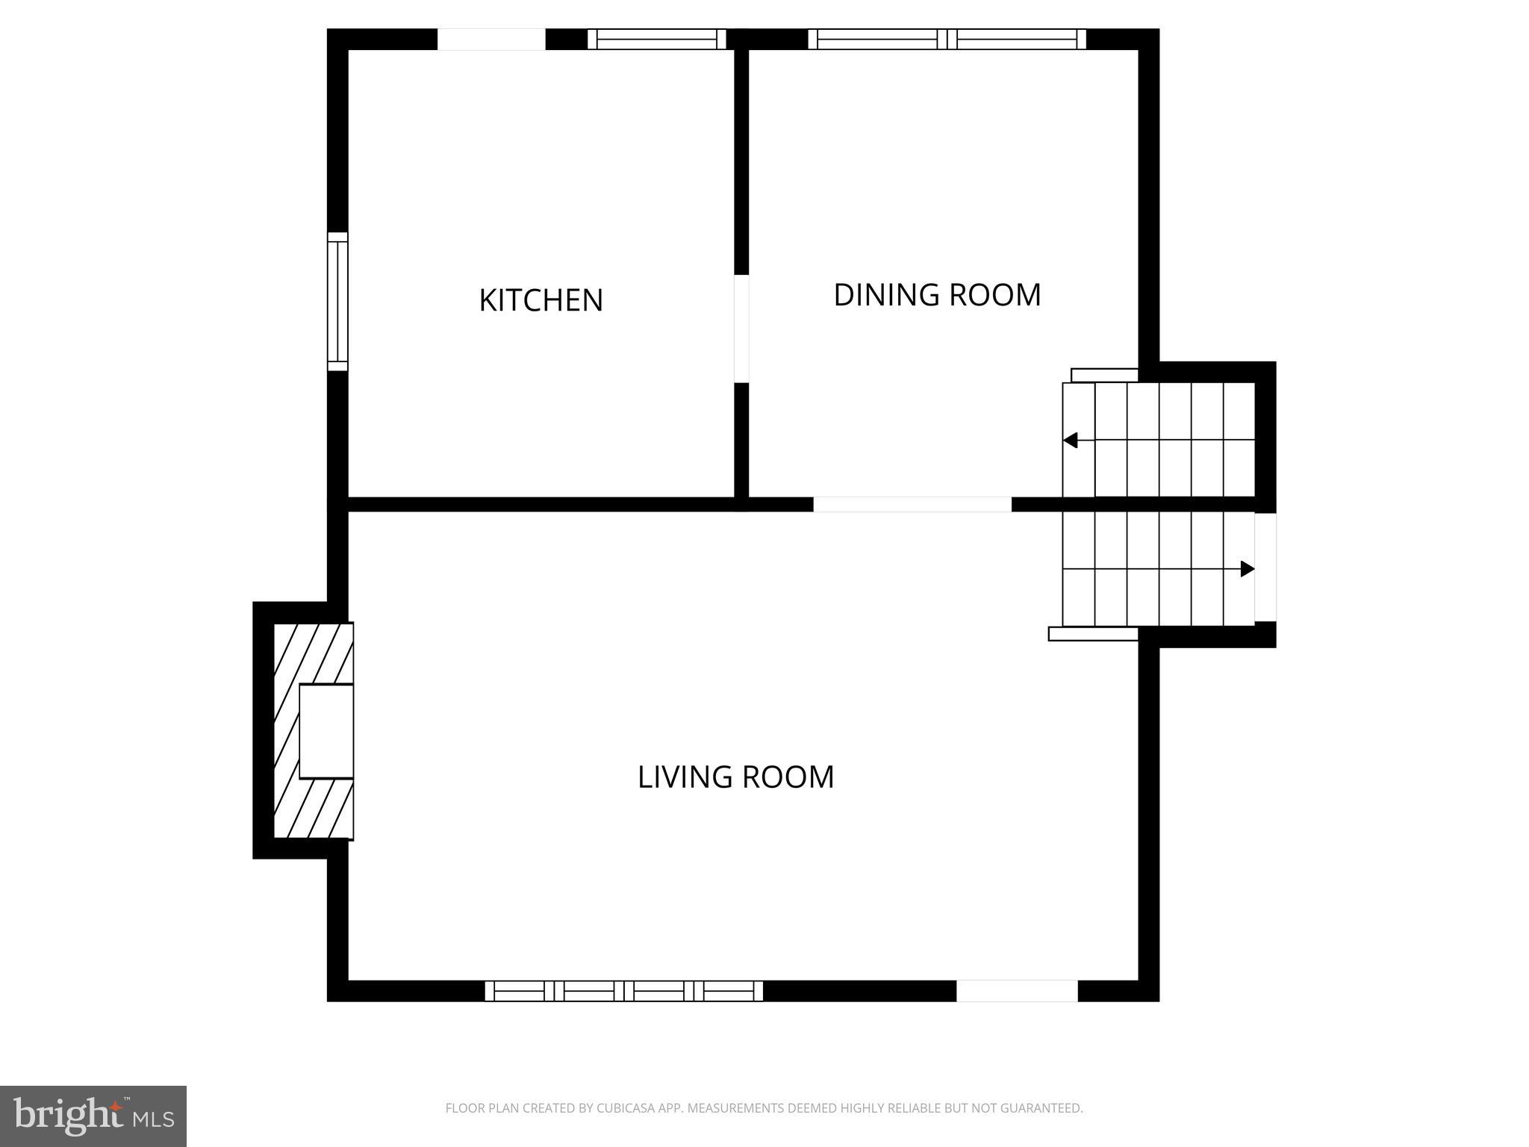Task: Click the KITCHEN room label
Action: coord(541,300)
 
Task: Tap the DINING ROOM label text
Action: coord(937,295)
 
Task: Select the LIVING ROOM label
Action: coord(735,777)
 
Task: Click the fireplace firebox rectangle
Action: coord(326,731)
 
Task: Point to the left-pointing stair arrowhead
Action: coord(1070,441)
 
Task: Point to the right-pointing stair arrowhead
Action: coord(1248,569)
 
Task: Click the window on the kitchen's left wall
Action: coord(337,302)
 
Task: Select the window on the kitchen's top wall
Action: coord(657,39)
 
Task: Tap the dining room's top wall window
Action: coord(947,39)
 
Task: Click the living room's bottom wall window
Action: coord(624,991)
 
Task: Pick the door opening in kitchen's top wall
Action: coord(491,39)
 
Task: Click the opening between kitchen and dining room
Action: coord(741,329)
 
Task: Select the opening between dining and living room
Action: coord(912,505)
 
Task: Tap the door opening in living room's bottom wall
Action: coord(1017,991)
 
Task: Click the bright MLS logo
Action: coord(93,1116)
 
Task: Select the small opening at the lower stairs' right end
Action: coord(1265,568)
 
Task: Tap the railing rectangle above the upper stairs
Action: coord(1104,375)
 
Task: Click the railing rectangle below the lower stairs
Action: coord(1093,634)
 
